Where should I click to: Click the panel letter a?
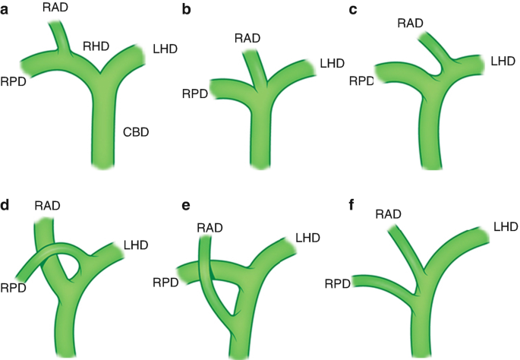(x=7, y=9)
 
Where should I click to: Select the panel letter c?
(x=353, y=9)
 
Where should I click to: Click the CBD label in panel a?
(x=135, y=133)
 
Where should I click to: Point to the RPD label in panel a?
(x=15, y=81)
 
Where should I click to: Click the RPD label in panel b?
(x=196, y=94)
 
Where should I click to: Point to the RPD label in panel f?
(x=337, y=283)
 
